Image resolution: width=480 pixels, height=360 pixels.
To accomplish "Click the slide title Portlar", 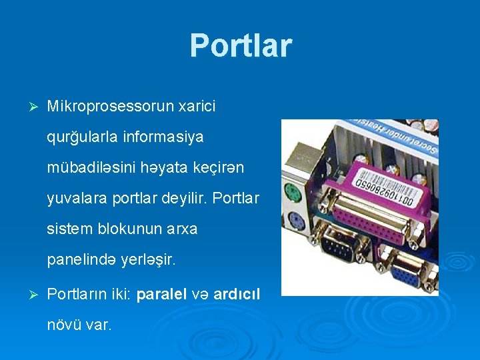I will pyautogui.click(x=241, y=45).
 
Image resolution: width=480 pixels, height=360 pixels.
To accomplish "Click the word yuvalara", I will pyautogui.click(x=73, y=199).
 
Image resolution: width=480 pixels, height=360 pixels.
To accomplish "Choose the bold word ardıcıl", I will pyautogui.click(x=237, y=294).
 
